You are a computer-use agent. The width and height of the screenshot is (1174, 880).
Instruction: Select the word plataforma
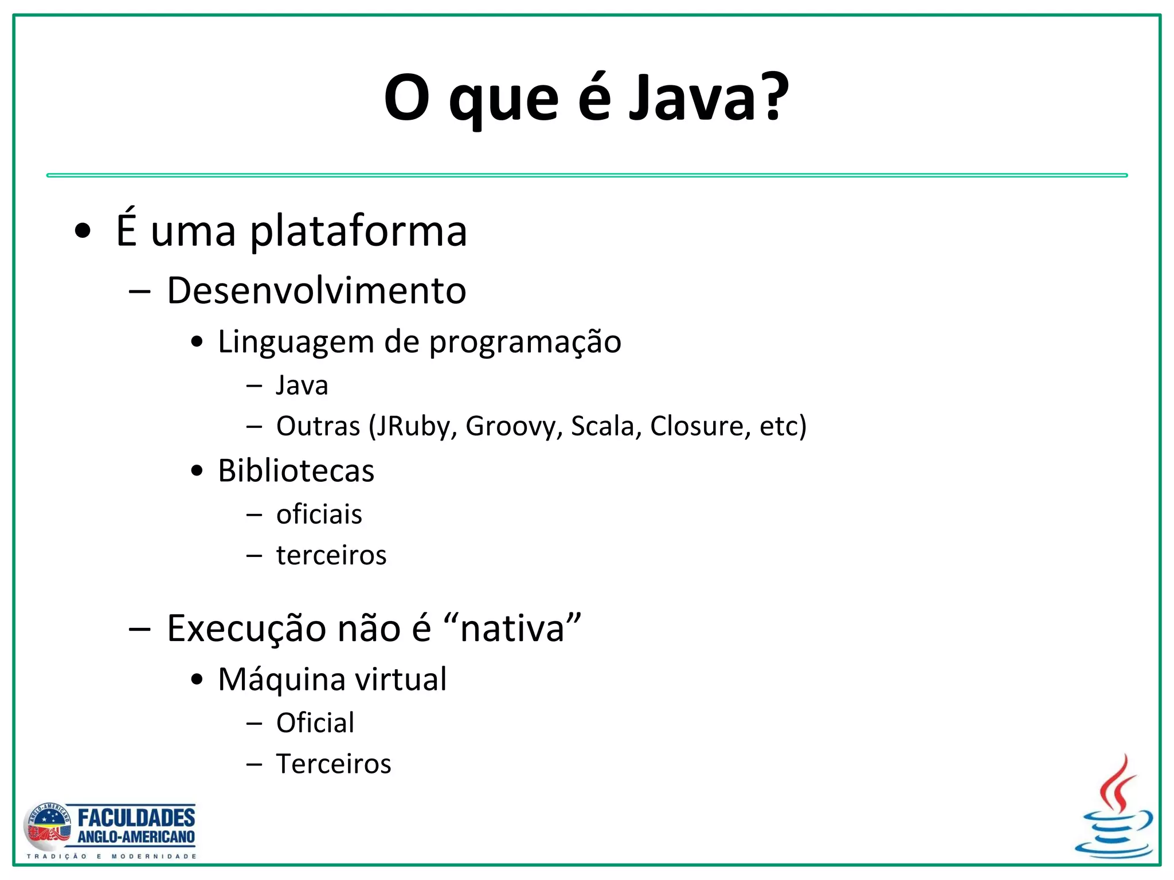[359, 231]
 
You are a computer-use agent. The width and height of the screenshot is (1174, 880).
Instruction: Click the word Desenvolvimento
[316, 290]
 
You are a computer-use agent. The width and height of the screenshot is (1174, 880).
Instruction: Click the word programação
[525, 343]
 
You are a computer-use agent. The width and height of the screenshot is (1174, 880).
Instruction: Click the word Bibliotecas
[296, 471]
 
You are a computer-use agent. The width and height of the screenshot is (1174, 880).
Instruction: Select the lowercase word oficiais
[319, 514]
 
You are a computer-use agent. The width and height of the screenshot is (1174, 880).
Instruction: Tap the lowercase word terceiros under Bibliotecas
[331, 555]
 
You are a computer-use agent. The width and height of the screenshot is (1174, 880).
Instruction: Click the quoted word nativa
[513, 629]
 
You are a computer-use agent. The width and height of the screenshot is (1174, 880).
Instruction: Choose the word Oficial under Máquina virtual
[315, 723]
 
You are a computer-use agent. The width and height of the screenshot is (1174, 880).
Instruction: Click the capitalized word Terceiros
[334, 764]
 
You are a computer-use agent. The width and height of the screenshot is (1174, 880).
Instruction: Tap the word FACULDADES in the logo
[136, 817]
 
